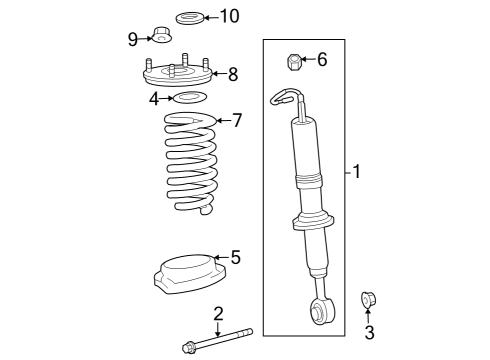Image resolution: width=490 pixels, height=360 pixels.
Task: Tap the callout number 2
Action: coord(218,315)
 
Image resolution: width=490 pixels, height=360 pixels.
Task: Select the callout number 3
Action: coord(368,333)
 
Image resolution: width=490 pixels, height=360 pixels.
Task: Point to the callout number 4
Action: coord(154,98)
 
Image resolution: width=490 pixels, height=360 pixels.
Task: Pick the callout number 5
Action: coord(235,257)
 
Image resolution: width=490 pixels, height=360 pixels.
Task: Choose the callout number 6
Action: coord(321,60)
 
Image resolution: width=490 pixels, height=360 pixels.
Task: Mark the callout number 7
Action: coord(236,121)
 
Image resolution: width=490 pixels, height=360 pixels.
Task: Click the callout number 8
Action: coord(232,73)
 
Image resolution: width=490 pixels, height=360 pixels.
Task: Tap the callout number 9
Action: coord(132,39)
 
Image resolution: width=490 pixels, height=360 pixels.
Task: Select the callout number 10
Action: coord(230,16)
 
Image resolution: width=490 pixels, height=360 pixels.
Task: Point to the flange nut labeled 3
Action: coord(367,299)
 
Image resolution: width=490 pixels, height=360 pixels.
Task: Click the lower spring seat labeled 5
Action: coord(185,272)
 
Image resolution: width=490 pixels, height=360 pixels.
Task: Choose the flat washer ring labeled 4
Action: coord(189,98)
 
